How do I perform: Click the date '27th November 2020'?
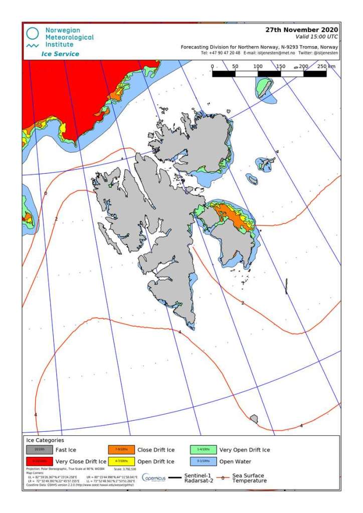[301, 30]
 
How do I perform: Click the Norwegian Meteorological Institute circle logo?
[33, 34]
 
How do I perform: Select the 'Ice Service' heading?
[60, 54]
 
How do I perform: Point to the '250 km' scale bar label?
[325, 66]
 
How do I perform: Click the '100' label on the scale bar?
[258, 66]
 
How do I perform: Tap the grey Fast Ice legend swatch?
[32, 450]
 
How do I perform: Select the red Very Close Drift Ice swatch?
[32, 461]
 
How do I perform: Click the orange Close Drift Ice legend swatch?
[120, 450]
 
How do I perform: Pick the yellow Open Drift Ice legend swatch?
[120, 461]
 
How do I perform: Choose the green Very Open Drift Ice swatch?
[203, 450]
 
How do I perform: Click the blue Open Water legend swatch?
[203, 461]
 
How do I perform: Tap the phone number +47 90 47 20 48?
[221, 53]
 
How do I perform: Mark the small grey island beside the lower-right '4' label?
[254, 418]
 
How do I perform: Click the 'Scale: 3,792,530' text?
[125, 469]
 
